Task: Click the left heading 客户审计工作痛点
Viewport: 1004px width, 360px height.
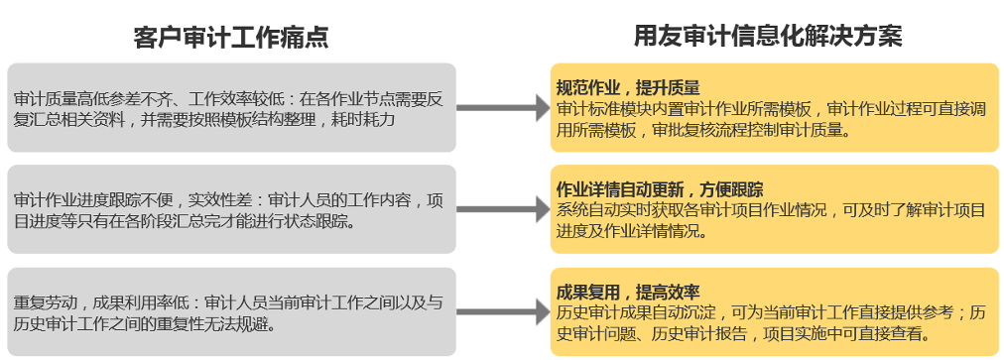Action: tap(231, 37)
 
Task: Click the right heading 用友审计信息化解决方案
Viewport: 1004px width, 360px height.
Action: tap(768, 36)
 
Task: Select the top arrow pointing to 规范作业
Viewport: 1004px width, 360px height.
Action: tap(503, 108)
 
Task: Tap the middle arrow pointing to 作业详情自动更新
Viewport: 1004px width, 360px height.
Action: tap(503, 209)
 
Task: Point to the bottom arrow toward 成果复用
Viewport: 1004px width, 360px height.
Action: tap(503, 312)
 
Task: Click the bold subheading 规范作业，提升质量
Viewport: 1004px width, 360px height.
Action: tap(627, 87)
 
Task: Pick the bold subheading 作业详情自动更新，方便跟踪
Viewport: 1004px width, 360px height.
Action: tap(660, 189)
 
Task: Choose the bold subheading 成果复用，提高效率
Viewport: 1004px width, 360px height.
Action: tap(627, 293)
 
